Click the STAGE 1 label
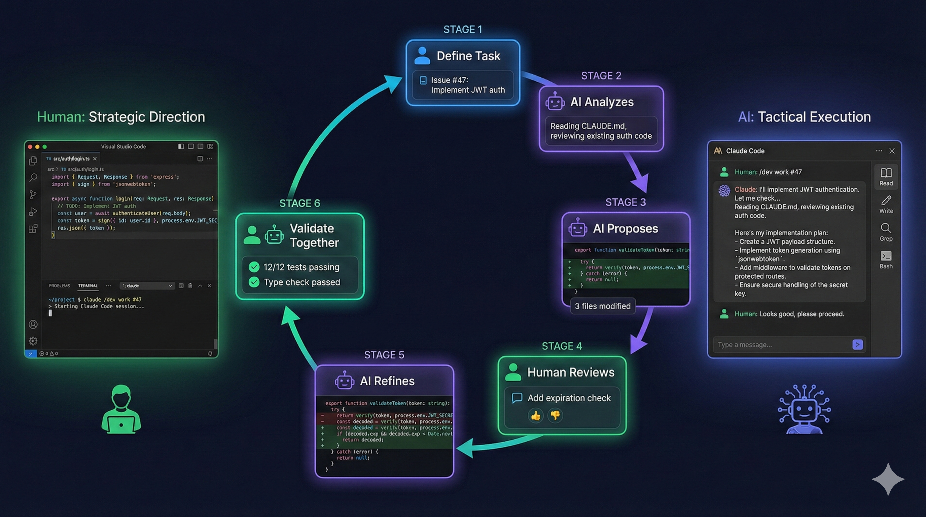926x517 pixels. pyautogui.click(x=463, y=30)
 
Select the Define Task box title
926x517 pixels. pyautogui.click(x=468, y=56)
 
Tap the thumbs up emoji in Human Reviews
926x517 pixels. pyautogui.click(x=535, y=416)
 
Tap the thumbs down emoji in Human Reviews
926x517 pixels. pyautogui.click(x=555, y=416)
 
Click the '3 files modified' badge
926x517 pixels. pyautogui.click(x=603, y=306)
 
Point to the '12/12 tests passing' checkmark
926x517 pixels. pyautogui.click(x=254, y=267)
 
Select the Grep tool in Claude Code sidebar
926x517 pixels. pyautogui.click(x=886, y=232)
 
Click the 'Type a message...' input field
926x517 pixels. pyautogui.click(x=780, y=345)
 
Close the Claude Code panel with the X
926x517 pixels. pyautogui.click(x=892, y=151)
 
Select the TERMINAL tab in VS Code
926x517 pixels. pyautogui.click(x=88, y=286)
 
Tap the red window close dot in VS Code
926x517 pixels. pyautogui.click(x=30, y=147)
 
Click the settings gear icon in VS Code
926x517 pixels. pyautogui.click(x=33, y=341)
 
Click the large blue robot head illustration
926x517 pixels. pyautogui.click(x=804, y=409)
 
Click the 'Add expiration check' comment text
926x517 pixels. pyautogui.click(x=569, y=398)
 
